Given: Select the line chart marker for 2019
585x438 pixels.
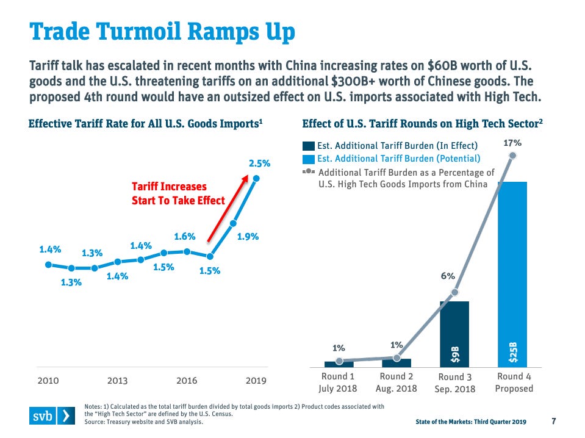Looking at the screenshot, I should [x=256, y=178].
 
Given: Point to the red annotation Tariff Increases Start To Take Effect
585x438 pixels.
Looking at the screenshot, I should [x=178, y=193].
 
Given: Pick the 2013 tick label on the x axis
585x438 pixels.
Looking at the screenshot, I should [x=118, y=381].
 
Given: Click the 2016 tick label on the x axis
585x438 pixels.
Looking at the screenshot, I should [x=187, y=381].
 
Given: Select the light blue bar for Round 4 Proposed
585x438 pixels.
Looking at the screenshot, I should [x=512, y=274].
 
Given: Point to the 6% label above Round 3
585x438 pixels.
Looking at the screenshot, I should [x=448, y=276].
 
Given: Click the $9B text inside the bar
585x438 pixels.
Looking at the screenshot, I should [x=454, y=352].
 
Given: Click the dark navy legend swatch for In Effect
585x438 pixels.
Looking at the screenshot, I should [x=309, y=146].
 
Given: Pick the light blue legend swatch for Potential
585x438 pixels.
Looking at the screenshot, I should [x=309, y=159].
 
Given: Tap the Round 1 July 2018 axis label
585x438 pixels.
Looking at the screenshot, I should [x=338, y=382].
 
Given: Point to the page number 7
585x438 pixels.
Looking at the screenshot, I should [x=553, y=421].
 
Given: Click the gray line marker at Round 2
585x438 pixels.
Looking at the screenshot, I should [x=397, y=358].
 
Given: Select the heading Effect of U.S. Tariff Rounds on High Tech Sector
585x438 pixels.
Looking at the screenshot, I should [x=423, y=123].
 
